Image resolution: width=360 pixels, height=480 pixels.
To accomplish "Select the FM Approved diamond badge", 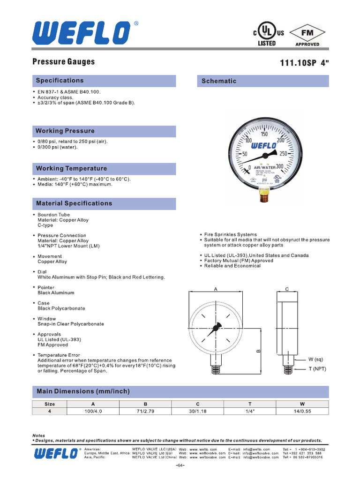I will [x=307, y=34].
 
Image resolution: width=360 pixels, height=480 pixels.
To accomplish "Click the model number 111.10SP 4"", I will [x=304, y=63].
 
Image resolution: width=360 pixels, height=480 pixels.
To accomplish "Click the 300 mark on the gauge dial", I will [x=280, y=166].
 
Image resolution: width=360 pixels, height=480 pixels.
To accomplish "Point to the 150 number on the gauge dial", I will [x=264, y=135].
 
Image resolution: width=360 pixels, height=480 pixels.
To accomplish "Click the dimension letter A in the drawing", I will [x=216, y=290].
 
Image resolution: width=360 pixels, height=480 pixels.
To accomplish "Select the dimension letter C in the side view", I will [x=287, y=290].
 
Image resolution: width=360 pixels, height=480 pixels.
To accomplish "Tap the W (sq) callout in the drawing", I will [x=317, y=360].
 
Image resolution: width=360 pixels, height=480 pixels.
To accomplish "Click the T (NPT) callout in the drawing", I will [x=317, y=369].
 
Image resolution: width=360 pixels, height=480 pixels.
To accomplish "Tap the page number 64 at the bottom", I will [x=180, y=465].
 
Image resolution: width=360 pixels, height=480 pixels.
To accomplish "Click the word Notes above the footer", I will [x=38, y=435].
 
